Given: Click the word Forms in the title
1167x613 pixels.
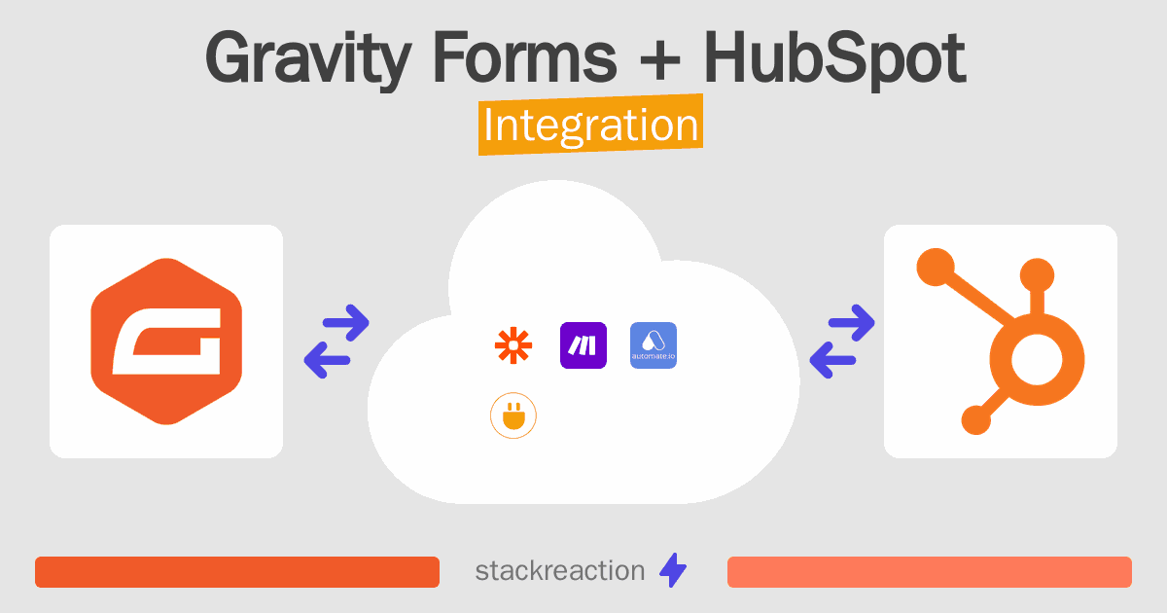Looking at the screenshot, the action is tap(524, 57).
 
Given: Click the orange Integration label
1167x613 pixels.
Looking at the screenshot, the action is tap(591, 125).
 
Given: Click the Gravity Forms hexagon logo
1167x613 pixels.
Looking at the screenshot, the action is tap(166, 342).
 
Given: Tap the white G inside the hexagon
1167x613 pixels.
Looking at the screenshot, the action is tap(166, 342).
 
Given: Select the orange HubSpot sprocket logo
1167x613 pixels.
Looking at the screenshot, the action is tap(1001, 342).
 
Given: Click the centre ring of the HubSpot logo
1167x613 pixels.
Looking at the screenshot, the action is tap(1037, 360).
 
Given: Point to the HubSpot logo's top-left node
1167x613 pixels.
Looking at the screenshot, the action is tap(936, 267).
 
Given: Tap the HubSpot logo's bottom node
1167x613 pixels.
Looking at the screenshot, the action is tap(975, 419).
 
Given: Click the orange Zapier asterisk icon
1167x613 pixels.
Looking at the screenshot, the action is tap(513, 345).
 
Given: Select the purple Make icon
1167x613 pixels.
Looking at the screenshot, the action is tap(583, 345).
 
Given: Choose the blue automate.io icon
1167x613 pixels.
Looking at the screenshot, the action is tap(654, 345).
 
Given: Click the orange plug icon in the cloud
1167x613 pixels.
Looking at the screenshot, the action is tap(513, 415).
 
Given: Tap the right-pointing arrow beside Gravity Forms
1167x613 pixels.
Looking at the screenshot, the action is tap(346, 323).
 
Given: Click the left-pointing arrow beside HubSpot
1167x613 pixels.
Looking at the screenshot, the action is tap(833, 360).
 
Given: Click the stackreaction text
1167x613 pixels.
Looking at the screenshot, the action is tap(560, 571).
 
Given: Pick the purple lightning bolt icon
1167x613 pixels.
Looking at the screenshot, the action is tap(673, 570).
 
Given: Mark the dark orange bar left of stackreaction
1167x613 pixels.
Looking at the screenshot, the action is tap(237, 572).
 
